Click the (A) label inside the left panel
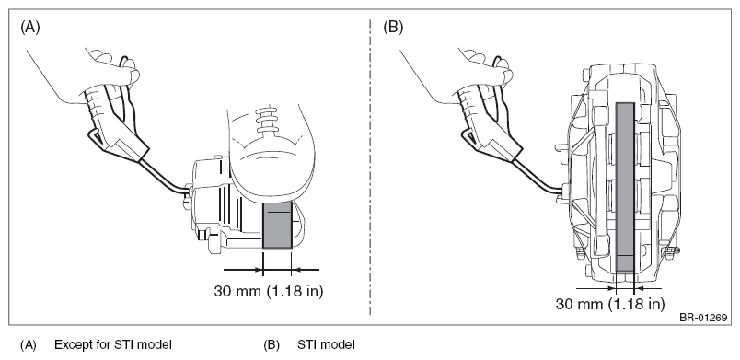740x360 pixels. (x=30, y=28)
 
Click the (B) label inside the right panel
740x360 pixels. (x=393, y=28)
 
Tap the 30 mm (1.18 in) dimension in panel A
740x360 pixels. (x=269, y=291)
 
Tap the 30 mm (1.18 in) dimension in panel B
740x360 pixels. (x=609, y=304)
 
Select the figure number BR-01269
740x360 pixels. (x=702, y=318)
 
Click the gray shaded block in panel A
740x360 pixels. (x=277, y=224)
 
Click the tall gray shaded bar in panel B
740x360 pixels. (x=625, y=187)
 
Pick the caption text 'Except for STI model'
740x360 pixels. (x=113, y=344)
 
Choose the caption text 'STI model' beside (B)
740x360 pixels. (x=326, y=344)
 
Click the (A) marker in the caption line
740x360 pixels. (x=28, y=345)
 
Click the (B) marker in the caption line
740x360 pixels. (x=272, y=345)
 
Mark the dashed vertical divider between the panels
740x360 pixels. (x=370, y=168)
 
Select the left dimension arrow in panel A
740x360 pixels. (x=243, y=270)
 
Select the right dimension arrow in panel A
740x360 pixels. (x=306, y=270)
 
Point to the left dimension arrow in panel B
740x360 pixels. (x=596, y=288)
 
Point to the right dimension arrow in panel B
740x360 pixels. (x=648, y=288)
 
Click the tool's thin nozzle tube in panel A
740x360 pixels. (x=165, y=177)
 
